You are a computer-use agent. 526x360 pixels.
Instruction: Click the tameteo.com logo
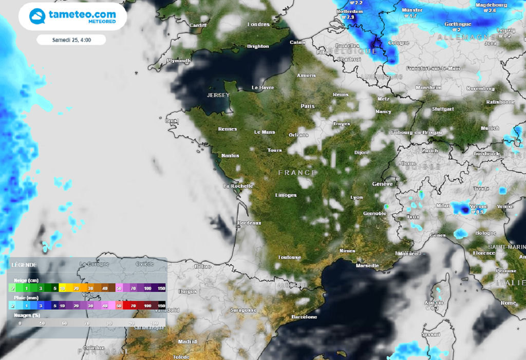point(72,16)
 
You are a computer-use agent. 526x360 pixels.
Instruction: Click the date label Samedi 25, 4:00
point(71,40)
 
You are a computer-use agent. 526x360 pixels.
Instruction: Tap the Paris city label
point(307,106)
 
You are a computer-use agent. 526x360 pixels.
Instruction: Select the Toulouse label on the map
point(289,257)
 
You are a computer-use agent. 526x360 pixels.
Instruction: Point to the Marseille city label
point(367,266)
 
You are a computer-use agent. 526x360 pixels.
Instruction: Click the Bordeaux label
point(249,223)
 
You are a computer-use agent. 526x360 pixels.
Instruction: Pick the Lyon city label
point(356,197)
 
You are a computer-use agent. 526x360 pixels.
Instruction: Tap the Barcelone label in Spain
point(304,317)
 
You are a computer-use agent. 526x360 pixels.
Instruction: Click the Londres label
point(258,25)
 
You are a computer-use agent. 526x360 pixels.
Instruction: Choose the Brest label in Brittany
point(172,121)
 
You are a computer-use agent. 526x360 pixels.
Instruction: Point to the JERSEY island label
point(218,96)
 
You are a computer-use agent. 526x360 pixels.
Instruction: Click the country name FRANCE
point(297,173)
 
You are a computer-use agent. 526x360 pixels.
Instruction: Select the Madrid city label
point(187,341)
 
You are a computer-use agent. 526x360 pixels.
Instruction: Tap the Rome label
point(508,302)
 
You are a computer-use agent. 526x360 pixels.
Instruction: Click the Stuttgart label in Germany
point(443,109)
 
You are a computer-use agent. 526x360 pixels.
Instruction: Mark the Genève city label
point(383,184)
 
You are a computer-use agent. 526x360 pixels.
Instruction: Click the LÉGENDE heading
point(24,264)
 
